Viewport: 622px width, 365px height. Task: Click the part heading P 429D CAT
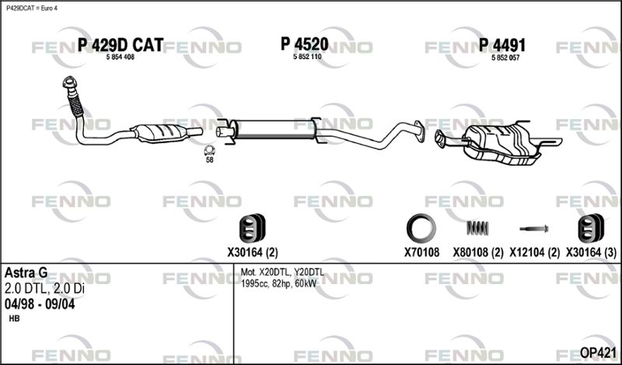point(121,45)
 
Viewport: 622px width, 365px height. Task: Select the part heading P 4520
point(305,44)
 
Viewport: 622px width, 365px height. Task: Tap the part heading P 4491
point(502,45)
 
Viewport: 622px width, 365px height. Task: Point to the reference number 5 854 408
point(121,57)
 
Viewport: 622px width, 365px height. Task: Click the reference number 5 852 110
point(307,57)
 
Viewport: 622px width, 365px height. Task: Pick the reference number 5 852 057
point(505,58)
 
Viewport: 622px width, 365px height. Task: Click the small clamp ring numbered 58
point(209,150)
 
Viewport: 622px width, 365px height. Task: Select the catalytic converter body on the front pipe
point(161,132)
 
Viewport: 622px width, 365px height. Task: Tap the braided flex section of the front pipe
point(75,106)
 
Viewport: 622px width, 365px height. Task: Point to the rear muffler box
point(501,143)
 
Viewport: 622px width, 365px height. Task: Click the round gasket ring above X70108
point(421,229)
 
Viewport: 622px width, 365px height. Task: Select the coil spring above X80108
point(477,228)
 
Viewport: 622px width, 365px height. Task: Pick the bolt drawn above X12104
point(534,229)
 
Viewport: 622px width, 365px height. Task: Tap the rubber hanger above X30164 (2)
point(252,228)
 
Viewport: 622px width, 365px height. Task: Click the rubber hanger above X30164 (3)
point(591,228)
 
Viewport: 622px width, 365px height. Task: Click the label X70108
point(421,252)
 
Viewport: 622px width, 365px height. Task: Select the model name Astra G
point(26,273)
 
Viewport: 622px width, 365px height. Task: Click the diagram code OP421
point(598,353)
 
